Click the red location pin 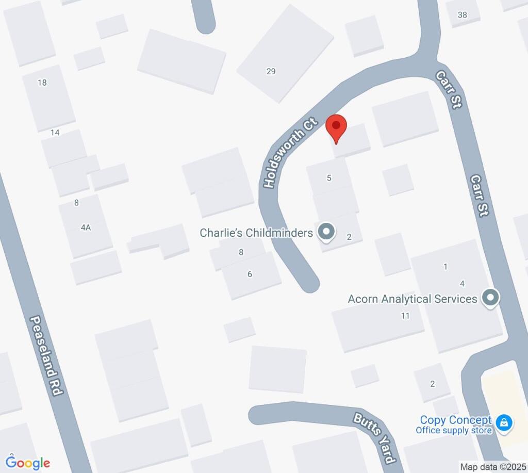[x=336, y=127]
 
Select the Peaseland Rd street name [x=46, y=356]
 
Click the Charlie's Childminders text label [x=256, y=233]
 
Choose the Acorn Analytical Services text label [x=412, y=299]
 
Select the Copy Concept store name [x=456, y=420]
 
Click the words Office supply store [x=454, y=430]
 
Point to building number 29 [x=271, y=72]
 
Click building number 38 [x=462, y=15]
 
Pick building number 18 [x=42, y=83]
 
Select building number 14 [x=55, y=133]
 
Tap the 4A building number [x=86, y=227]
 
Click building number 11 [x=405, y=316]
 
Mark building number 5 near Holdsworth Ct [x=329, y=178]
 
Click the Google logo [x=28, y=463]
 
